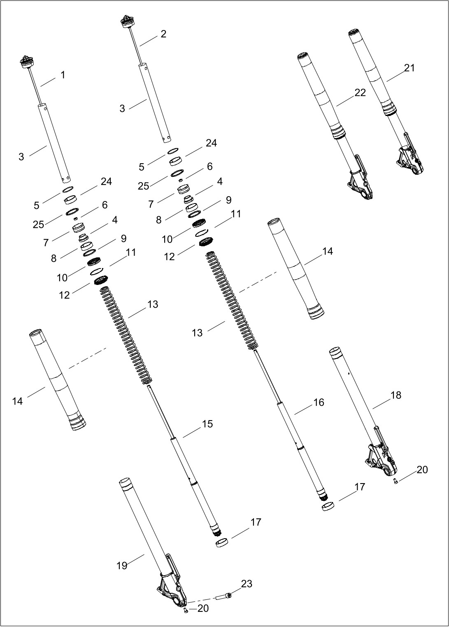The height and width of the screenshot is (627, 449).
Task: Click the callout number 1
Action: (x=63, y=75)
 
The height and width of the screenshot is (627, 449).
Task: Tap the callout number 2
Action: (x=163, y=34)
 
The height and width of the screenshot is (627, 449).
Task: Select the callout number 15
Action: (x=207, y=424)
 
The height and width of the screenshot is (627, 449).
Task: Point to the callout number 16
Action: (x=319, y=402)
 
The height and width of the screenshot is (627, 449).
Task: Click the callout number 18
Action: (x=395, y=395)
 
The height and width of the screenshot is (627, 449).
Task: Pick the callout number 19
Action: (x=122, y=566)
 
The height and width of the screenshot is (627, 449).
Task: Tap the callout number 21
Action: (x=409, y=68)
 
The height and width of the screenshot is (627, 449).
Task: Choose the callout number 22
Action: (x=360, y=93)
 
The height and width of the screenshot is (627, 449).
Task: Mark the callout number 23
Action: (x=247, y=583)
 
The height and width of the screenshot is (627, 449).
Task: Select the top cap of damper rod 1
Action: (x=28, y=62)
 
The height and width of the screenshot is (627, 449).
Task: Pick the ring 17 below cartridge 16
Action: (x=328, y=506)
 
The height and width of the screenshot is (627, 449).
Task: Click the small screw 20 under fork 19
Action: (x=185, y=610)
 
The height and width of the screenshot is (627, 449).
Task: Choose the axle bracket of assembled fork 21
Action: (x=410, y=160)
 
